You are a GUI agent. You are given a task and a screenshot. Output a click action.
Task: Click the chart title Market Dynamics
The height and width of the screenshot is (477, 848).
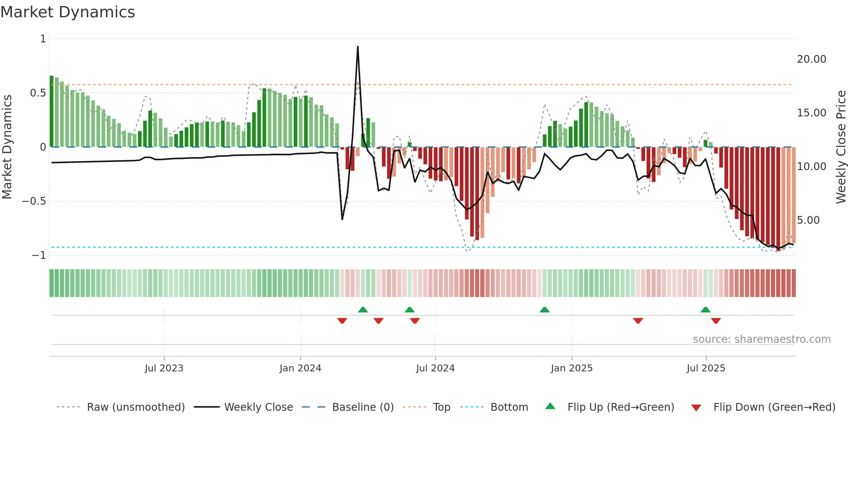(67, 12)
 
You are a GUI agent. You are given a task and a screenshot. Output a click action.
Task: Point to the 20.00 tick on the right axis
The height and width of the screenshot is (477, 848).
(811, 59)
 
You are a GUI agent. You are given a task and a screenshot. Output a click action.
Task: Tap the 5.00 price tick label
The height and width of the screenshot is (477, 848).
(808, 220)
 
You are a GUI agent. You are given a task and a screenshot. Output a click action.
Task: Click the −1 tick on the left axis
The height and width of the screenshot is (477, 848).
(39, 255)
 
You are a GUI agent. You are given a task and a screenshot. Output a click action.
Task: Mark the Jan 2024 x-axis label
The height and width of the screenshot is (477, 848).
(300, 368)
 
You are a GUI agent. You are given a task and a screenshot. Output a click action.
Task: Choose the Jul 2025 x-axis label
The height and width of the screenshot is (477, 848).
(706, 368)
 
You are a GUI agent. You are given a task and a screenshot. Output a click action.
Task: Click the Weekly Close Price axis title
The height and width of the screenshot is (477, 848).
(841, 147)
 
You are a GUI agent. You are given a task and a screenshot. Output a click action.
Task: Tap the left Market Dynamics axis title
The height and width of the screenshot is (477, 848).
(7, 147)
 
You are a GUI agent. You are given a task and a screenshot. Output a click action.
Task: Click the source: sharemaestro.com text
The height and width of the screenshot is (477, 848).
(761, 339)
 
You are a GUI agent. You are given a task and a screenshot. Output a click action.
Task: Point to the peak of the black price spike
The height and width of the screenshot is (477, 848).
(358, 47)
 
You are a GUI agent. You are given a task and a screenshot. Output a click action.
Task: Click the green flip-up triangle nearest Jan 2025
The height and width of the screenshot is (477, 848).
(545, 310)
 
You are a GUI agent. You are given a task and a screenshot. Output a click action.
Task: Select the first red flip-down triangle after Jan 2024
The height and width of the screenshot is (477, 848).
(342, 321)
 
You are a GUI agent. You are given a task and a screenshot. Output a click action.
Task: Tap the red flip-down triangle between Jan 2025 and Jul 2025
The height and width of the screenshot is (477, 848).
(638, 321)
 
